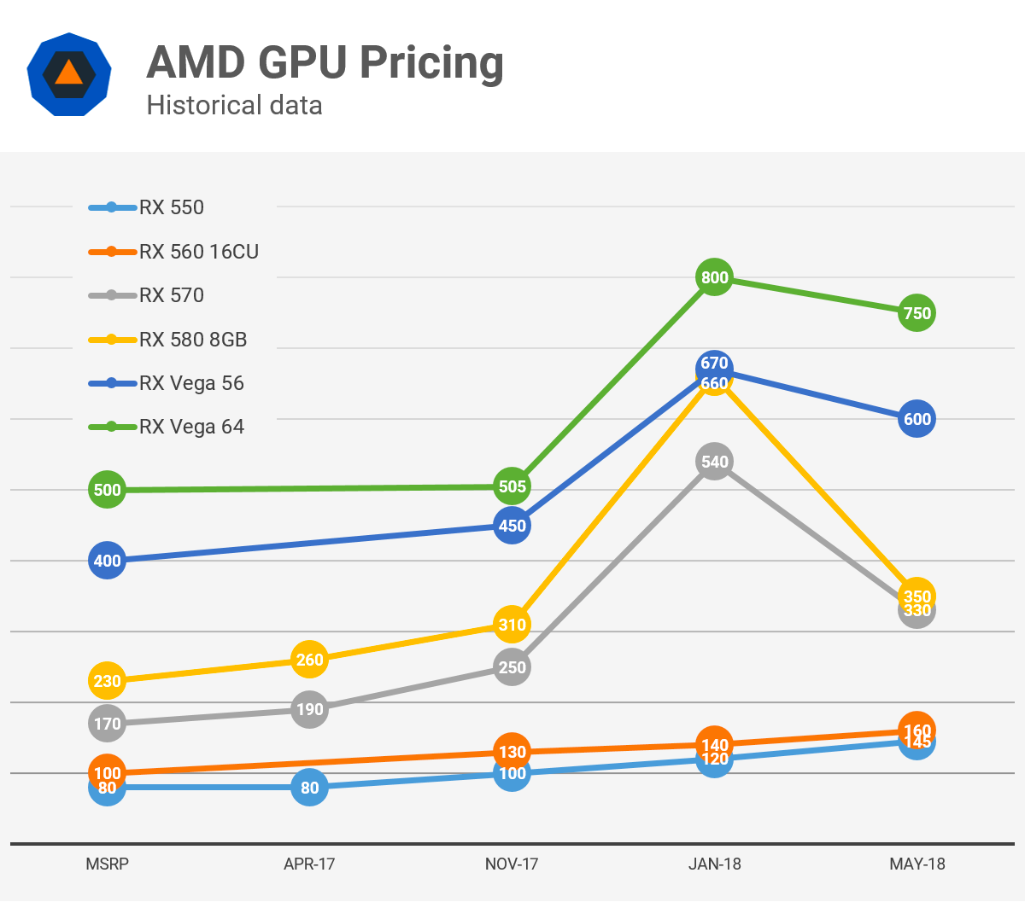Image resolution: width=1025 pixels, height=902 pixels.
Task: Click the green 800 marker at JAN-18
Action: click(715, 277)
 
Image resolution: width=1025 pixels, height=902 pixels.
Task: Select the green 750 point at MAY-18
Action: click(917, 313)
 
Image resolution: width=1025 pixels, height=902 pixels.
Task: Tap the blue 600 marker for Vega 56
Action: click(917, 419)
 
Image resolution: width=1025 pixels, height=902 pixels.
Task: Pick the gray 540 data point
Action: click(715, 462)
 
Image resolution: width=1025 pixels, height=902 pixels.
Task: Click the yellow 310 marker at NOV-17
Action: click(512, 625)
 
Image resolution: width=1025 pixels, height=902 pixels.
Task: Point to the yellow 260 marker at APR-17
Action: click(309, 660)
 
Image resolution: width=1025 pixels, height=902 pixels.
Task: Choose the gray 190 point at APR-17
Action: click(309, 709)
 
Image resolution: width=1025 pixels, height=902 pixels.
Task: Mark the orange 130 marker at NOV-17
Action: click(512, 752)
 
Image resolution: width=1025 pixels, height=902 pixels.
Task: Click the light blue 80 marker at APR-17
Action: click(309, 788)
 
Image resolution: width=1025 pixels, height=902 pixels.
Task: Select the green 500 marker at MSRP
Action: click(107, 490)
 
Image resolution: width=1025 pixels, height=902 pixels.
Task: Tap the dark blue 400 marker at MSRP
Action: click(107, 561)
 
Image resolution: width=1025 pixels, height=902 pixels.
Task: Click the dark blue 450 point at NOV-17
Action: click(512, 526)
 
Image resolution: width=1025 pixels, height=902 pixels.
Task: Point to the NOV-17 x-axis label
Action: click(512, 864)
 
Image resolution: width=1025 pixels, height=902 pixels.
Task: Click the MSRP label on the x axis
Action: click(107, 864)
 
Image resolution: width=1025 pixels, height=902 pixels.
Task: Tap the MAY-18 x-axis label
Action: click(917, 864)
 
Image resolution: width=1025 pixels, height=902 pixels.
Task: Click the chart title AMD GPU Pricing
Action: click(325, 63)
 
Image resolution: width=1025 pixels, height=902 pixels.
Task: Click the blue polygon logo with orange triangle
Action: click(68, 75)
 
